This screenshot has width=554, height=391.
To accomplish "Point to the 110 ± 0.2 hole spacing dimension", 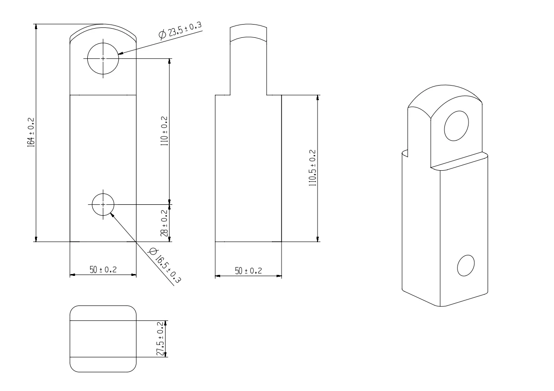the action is pyautogui.click(x=164, y=131).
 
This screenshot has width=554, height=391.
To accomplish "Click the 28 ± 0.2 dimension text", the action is pyautogui.click(x=164, y=222).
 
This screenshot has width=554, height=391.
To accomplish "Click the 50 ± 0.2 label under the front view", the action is pyautogui.click(x=103, y=270).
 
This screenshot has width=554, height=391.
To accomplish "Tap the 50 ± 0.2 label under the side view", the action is pyautogui.click(x=248, y=270).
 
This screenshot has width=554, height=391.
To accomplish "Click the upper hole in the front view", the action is pyautogui.click(x=103, y=58).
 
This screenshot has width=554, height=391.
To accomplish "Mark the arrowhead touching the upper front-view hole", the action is pyautogui.click(x=120, y=53).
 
